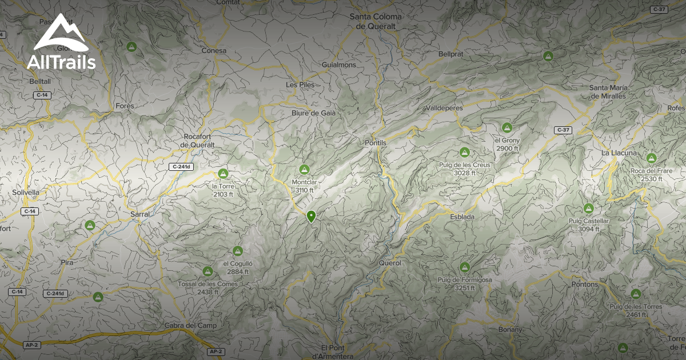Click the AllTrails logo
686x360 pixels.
61,43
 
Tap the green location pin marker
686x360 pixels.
311,216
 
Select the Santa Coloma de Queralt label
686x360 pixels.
376,21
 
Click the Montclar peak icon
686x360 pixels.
304,169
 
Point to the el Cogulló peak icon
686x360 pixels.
238,251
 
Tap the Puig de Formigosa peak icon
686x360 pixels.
464,267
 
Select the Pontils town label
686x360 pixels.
376,142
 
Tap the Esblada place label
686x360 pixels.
462,217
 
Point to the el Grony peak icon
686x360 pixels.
506,127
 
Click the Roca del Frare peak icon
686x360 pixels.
651,158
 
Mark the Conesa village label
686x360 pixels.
214,50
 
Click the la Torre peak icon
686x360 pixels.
223,173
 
